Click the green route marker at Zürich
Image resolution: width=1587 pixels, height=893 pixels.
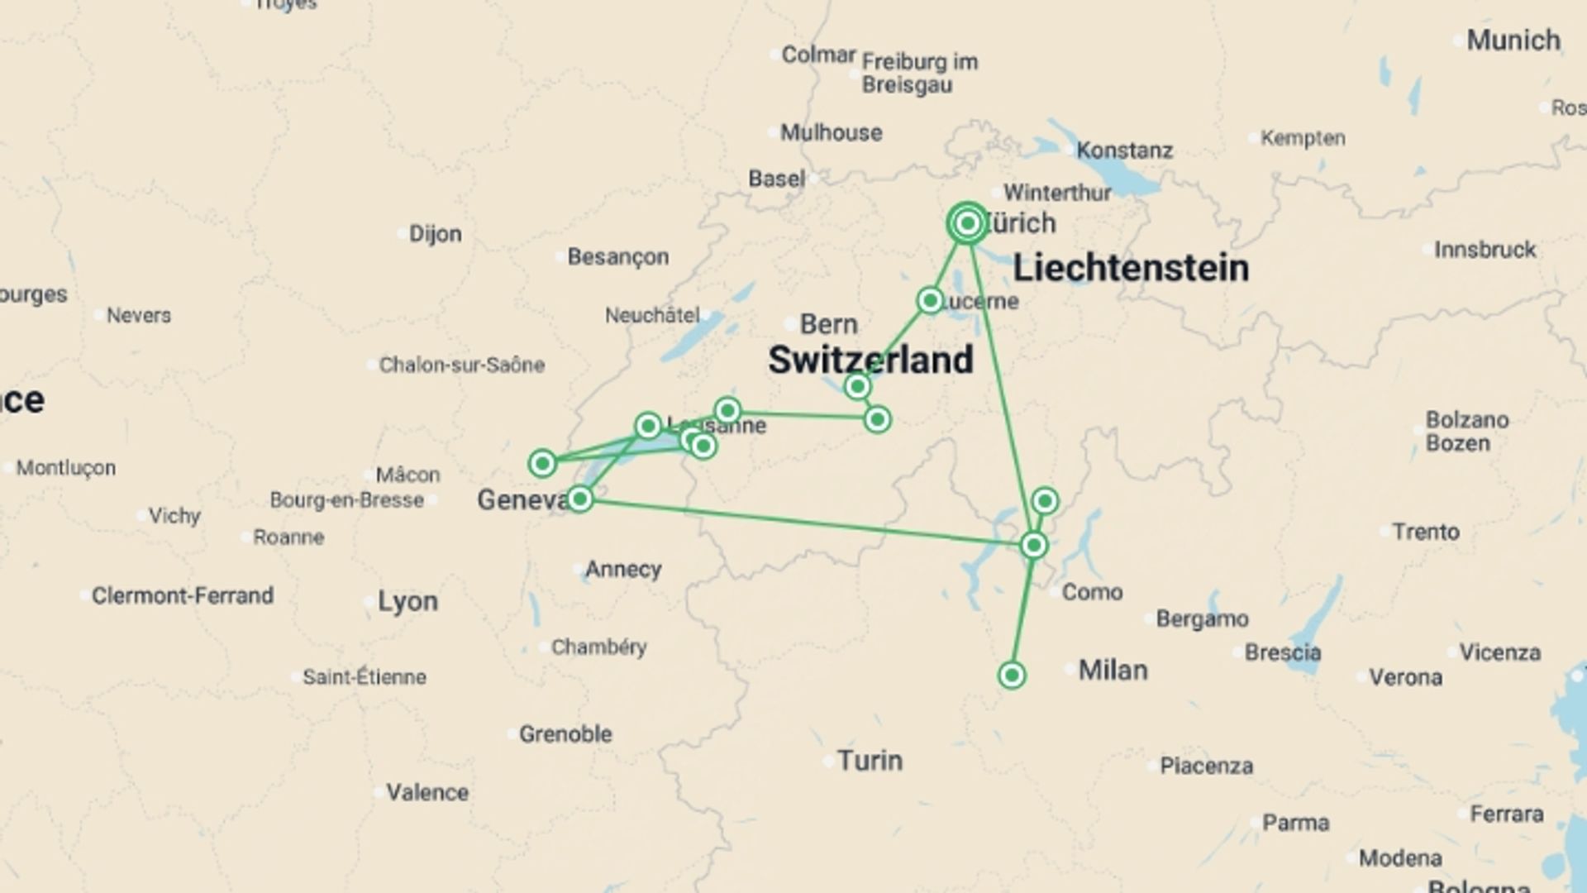click(x=967, y=223)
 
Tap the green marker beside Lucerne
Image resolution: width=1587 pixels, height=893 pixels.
click(x=930, y=300)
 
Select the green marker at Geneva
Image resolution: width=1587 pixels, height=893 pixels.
click(x=579, y=499)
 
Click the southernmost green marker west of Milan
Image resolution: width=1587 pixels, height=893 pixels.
click(x=1012, y=676)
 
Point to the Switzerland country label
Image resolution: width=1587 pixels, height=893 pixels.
click(x=870, y=360)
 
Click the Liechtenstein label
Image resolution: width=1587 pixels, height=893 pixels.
click(x=1130, y=268)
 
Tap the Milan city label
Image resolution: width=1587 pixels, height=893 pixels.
click(x=1113, y=670)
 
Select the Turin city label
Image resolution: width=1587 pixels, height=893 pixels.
click(x=870, y=761)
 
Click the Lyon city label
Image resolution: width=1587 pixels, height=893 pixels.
click(x=407, y=601)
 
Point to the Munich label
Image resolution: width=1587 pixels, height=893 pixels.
click(x=1513, y=40)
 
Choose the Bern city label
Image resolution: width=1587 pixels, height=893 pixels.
click(x=828, y=324)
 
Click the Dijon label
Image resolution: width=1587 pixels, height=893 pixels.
click(x=435, y=234)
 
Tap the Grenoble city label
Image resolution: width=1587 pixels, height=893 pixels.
click(x=565, y=733)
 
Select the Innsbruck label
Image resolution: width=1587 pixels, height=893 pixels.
click(x=1485, y=250)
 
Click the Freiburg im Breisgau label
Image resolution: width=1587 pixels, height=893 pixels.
click(x=919, y=73)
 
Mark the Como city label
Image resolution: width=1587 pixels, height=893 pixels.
click(x=1092, y=592)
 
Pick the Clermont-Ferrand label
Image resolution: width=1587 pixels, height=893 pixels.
click(x=182, y=595)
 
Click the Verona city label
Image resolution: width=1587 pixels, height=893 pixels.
click(x=1405, y=677)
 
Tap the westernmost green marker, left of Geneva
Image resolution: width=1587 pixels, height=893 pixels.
click(x=542, y=463)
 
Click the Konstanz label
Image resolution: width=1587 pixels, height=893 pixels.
click(x=1124, y=150)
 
